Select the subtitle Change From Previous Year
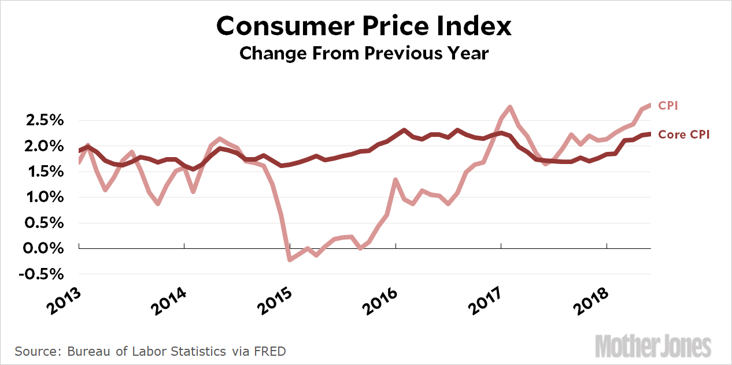point(364,54)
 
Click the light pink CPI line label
point(668,106)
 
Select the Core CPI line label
point(684,135)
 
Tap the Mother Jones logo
point(653,346)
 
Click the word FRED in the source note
point(271,351)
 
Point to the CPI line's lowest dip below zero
point(289,260)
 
